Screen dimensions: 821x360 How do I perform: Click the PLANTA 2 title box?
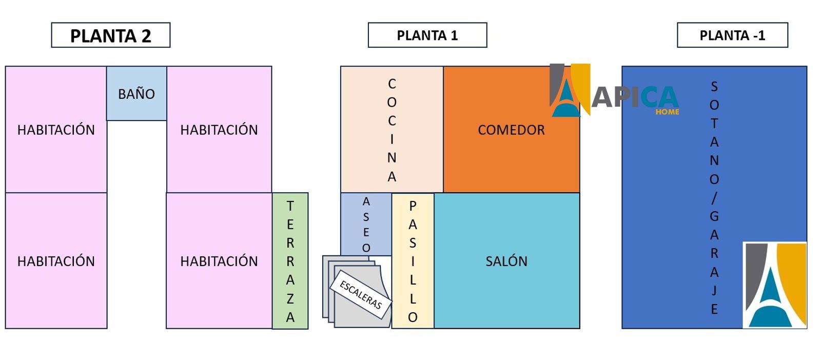[x=111, y=35]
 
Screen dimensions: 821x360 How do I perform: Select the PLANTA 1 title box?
[x=427, y=35]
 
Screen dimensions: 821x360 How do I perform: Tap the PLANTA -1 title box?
[x=732, y=35]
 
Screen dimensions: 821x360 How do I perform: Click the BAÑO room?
[x=136, y=93]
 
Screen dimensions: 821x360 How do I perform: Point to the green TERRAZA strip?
[x=290, y=261]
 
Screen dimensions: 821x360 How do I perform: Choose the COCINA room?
[x=392, y=129]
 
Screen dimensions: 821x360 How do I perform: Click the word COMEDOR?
[x=511, y=130]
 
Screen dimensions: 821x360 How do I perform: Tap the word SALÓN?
[x=506, y=261]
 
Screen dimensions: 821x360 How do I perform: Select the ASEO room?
[x=366, y=224]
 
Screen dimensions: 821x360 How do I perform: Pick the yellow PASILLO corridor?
[x=413, y=261]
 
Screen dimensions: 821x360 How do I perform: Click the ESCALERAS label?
[x=361, y=295]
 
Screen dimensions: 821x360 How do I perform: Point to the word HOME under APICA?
[x=668, y=112]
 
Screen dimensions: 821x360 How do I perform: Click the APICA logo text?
[x=635, y=97]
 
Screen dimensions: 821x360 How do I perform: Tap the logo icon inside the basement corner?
[x=775, y=285]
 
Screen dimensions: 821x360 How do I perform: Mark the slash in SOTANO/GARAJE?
[x=714, y=198]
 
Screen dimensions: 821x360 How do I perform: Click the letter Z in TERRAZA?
[x=290, y=299]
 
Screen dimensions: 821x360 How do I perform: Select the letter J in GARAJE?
[x=714, y=290]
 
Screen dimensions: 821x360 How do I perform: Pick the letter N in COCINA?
[x=392, y=158]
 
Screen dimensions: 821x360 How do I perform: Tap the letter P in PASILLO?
[x=413, y=206]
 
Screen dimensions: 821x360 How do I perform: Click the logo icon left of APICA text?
[x=570, y=90]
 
